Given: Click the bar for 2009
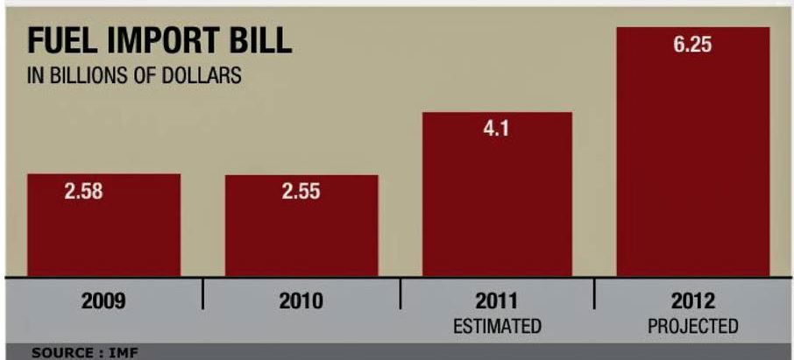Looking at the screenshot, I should click(103, 236).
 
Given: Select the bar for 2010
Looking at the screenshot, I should click(301, 236).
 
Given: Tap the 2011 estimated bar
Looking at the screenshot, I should click(497, 210).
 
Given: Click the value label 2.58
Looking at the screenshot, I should click(83, 192).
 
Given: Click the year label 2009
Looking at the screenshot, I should click(103, 301).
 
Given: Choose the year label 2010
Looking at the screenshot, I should click(301, 301).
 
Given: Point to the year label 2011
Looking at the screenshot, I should click(497, 301).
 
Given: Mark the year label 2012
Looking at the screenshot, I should click(693, 301).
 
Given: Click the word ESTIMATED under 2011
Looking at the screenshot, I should click(497, 327).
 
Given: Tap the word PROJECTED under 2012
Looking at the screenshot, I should click(693, 327).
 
